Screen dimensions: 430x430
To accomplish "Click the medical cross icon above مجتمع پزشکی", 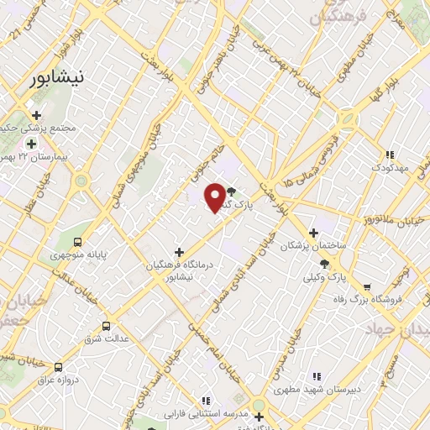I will tap(35, 115).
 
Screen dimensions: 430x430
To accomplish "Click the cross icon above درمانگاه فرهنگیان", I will tap(178, 252).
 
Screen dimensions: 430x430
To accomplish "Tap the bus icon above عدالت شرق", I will tap(106, 325).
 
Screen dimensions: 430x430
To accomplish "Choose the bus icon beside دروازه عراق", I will tap(58, 367).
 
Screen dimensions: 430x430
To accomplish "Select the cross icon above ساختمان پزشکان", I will tap(313, 233).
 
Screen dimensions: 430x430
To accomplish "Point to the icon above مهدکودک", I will tap(389, 155).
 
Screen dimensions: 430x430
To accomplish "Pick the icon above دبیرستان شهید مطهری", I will tap(316, 376).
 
